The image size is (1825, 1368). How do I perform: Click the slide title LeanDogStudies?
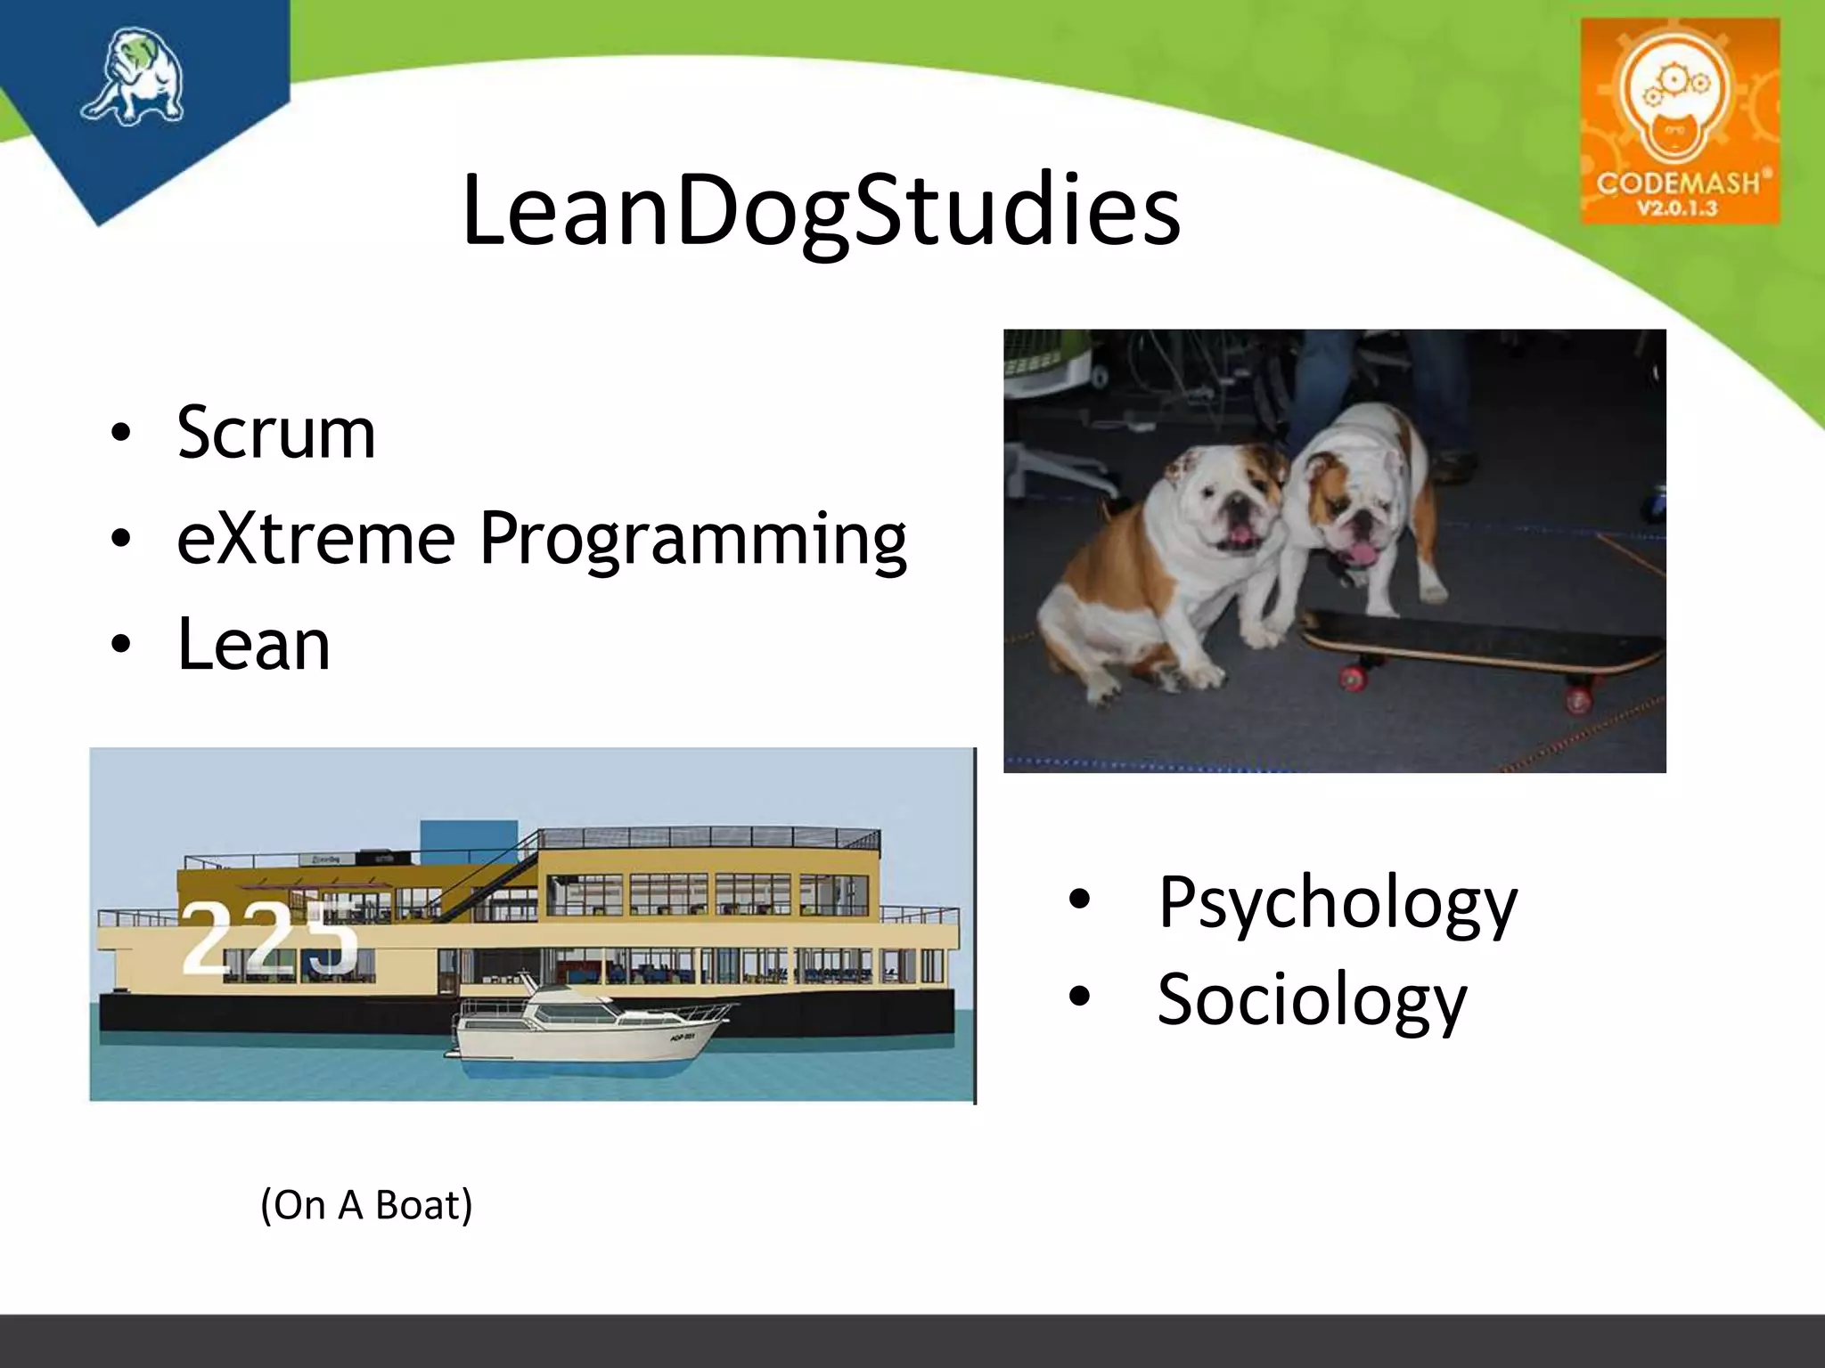tap(821, 211)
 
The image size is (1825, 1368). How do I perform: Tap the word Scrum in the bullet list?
tap(276, 433)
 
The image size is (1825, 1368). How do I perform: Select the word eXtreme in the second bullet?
tap(316, 538)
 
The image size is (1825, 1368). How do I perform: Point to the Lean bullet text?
tap(254, 644)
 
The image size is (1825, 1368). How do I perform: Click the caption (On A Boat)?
tap(366, 1205)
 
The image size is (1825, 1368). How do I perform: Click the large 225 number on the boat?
tap(267, 938)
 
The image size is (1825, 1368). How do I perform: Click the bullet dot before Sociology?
tap(1079, 997)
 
